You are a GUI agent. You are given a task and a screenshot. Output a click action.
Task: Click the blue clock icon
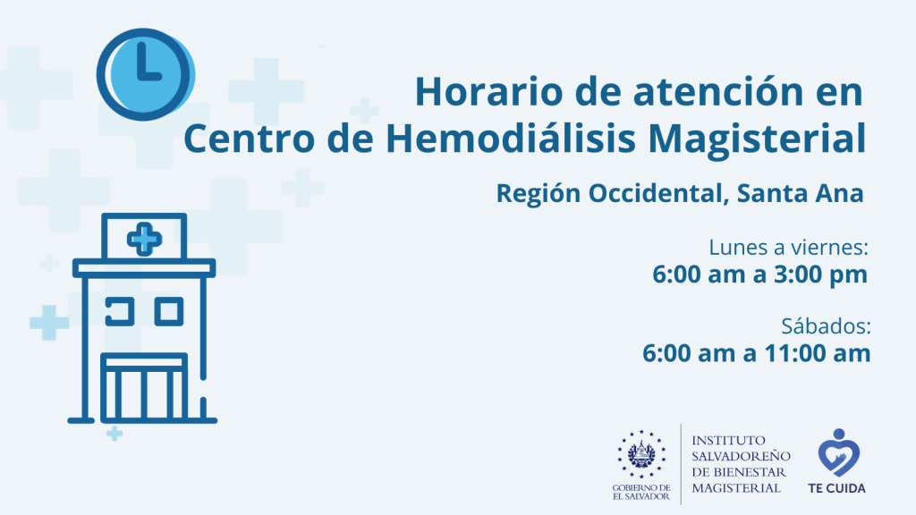tap(145, 75)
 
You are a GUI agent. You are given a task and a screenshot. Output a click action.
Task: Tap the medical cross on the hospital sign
tap(144, 239)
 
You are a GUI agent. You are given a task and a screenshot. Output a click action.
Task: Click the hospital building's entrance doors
tap(144, 386)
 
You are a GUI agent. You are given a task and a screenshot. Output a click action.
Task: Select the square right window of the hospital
tap(169, 312)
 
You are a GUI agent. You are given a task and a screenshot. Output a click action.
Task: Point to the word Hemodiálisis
tap(511, 139)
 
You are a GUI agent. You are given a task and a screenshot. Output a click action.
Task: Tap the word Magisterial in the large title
tap(757, 139)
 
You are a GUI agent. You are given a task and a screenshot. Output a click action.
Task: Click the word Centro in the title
tap(250, 139)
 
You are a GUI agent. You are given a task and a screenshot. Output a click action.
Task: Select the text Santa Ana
tap(800, 193)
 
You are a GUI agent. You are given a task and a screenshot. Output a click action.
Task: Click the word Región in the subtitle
tap(538, 194)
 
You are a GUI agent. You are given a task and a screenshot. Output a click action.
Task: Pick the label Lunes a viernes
tap(788, 247)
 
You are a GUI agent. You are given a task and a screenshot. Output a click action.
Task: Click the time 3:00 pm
tap(821, 274)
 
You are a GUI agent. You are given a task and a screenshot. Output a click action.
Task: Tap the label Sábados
tap(826, 325)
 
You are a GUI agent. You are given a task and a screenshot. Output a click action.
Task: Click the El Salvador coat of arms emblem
tap(641, 453)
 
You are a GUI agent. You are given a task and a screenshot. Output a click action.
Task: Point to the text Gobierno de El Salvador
tap(641, 493)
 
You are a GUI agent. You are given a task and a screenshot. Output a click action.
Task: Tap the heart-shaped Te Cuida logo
tap(839, 452)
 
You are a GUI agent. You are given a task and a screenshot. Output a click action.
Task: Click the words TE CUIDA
tap(836, 488)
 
